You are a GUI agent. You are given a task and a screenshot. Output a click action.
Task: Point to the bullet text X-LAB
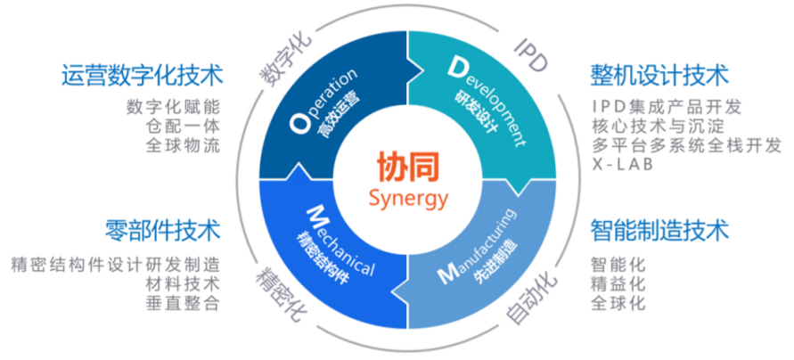pos(621,165)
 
